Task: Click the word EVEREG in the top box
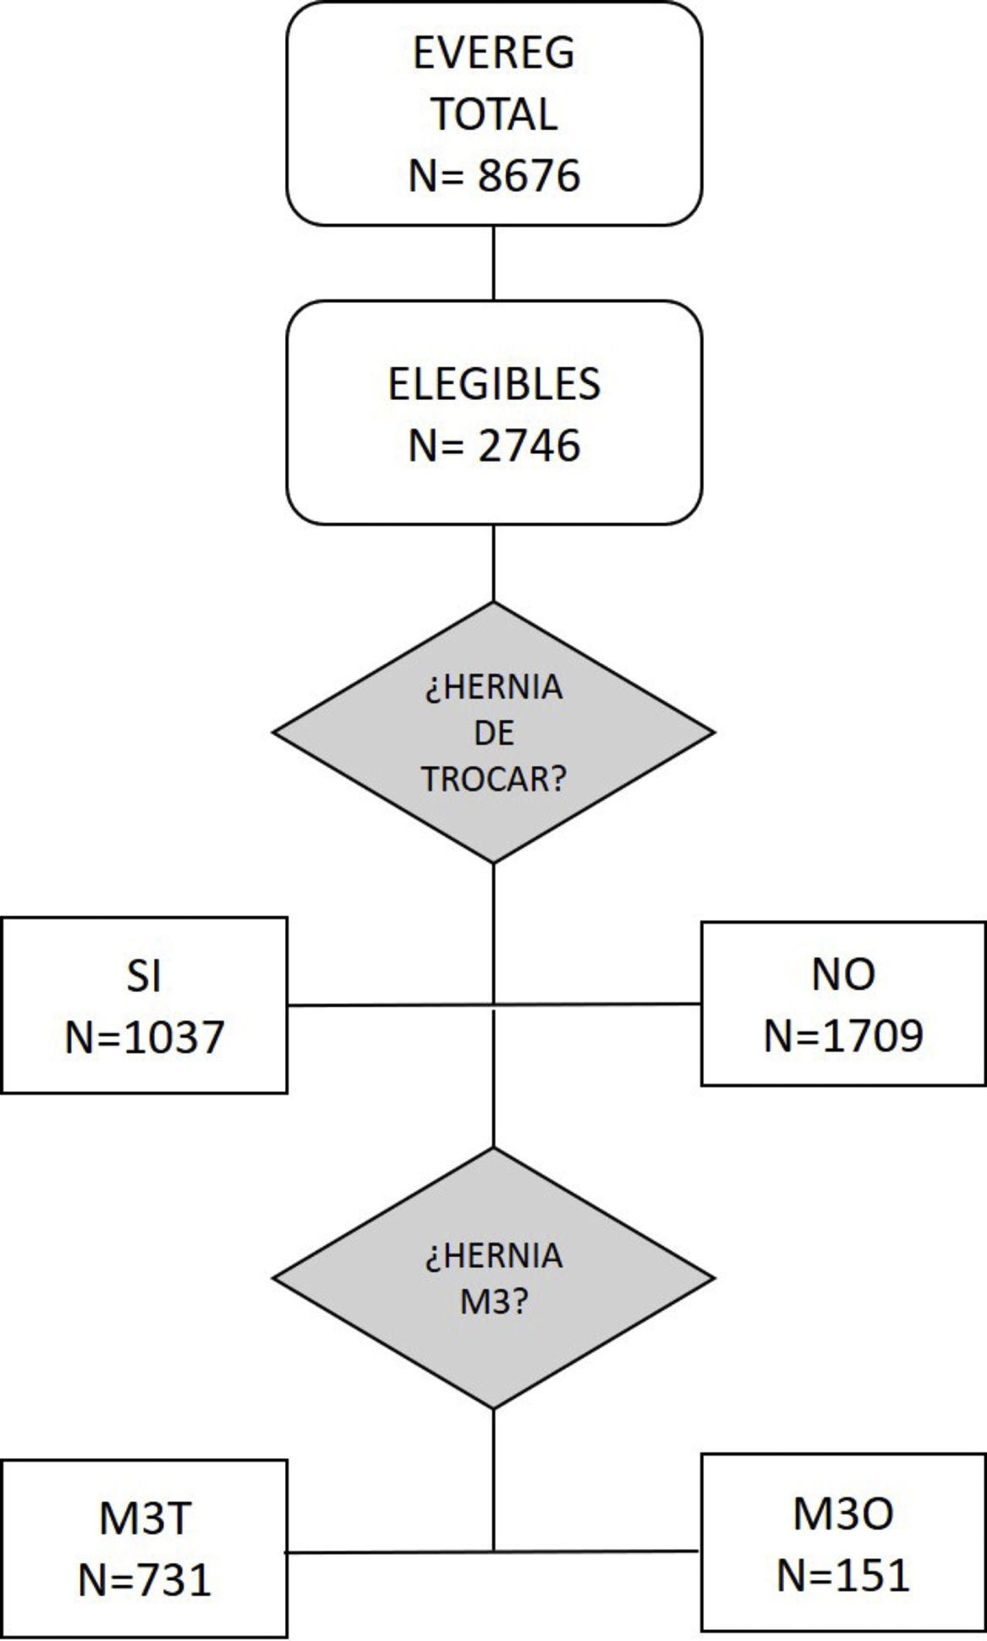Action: [494, 52]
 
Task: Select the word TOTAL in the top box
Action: [494, 114]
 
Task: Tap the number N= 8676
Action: [494, 176]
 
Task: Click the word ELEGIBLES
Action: [494, 383]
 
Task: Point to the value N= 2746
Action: [494, 445]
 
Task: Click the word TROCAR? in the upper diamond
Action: [494, 779]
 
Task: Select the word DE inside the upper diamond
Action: [494, 733]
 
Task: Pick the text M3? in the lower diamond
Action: [494, 1302]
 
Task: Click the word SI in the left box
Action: [144, 975]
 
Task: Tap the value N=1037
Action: [144, 1037]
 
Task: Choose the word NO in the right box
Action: [843, 974]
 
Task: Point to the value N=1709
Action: [843, 1035]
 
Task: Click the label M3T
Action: [144, 1518]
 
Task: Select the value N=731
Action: [144, 1580]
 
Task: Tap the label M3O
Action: [843, 1513]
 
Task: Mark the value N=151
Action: [843, 1575]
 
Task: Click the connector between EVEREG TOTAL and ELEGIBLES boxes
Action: [494, 262]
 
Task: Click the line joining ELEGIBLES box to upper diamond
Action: [494, 563]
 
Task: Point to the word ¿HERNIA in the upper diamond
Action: [494, 687]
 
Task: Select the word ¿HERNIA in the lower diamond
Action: [494, 1256]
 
